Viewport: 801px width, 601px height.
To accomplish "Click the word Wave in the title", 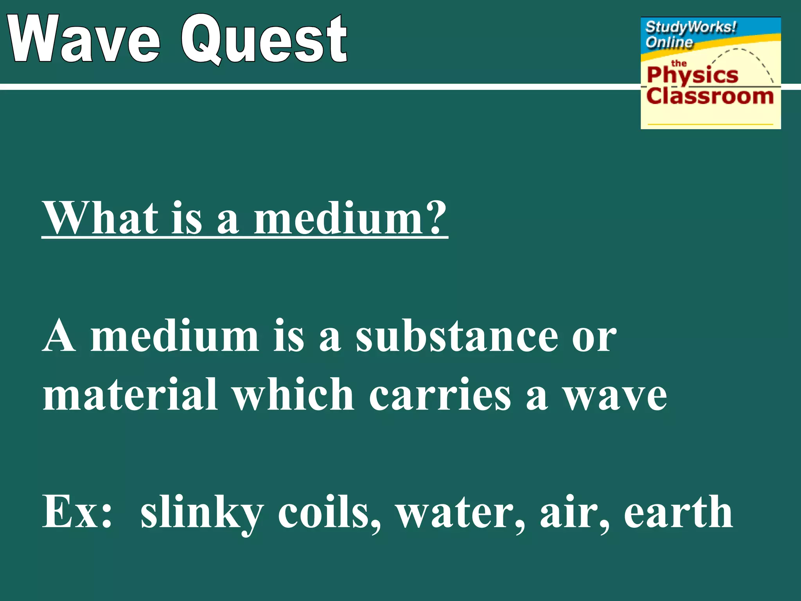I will pos(84,39).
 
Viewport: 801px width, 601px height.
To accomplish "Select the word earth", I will pos(678,511).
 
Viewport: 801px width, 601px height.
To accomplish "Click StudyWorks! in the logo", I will pos(691,27).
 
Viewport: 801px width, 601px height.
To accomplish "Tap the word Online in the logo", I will pos(669,42).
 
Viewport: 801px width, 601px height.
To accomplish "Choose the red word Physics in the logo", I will pos(692,75).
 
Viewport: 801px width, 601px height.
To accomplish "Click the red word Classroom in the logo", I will pos(710,96).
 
